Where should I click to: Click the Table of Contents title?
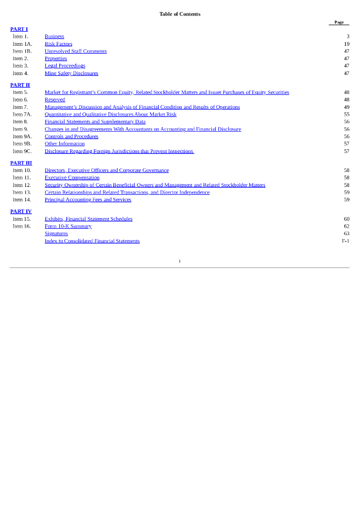(180, 14)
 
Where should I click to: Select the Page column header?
(339, 22)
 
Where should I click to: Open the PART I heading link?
(19, 29)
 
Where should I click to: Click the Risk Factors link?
(58, 44)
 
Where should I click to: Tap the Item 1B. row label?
(22, 51)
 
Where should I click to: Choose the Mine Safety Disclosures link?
(71, 74)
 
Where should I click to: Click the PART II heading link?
(20, 85)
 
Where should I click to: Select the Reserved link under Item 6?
(55, 100)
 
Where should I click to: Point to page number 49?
(347, 107)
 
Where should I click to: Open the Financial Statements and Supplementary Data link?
(95, 122)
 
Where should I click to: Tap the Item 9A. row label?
(22, 137)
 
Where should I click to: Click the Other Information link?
(65, 144)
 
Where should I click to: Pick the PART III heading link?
(21, 163)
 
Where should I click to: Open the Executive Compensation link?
(72, 178)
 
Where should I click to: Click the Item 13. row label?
(22, 192)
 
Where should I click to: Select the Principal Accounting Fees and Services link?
(88, 200)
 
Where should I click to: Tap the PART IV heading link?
(21, 212)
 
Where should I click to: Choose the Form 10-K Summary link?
(68, 227)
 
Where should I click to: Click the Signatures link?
(56, 234)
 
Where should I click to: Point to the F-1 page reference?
(345, 241)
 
